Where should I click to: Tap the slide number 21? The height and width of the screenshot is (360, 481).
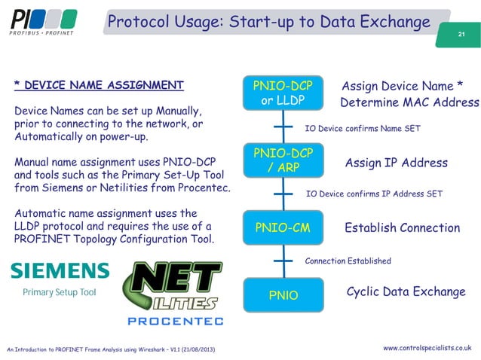461,35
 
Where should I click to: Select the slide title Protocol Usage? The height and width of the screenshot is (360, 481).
268,22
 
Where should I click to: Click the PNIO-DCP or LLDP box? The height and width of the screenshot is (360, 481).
283,93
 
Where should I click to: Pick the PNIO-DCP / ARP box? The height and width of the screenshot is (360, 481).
283,160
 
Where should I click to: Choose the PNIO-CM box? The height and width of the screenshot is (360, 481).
283,227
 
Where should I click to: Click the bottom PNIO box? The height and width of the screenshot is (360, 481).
283,295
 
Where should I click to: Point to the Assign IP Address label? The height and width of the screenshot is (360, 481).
396,163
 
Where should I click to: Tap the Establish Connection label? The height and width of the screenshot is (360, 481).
402,227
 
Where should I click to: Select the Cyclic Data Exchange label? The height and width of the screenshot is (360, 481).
406,292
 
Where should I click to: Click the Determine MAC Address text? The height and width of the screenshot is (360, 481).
409,102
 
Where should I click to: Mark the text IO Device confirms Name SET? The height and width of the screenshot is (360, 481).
362,129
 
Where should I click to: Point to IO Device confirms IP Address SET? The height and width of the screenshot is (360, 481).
374,194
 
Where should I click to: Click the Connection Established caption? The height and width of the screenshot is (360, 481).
348,261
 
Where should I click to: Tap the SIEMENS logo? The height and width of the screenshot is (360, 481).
60,271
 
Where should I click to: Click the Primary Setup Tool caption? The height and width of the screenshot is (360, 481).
60,292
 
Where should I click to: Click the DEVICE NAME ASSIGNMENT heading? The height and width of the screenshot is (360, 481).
99,84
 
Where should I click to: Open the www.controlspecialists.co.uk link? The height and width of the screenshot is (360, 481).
427,347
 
